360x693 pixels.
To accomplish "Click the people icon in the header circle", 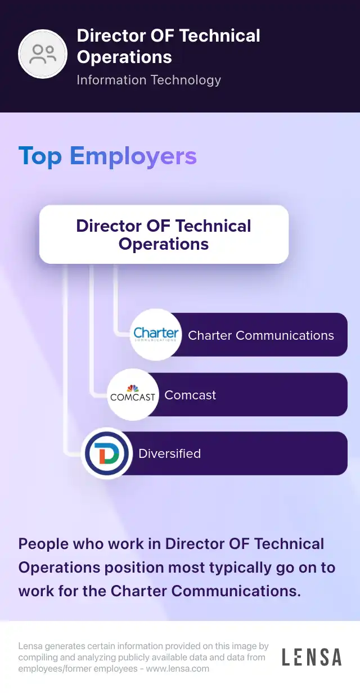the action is (x=43, y=54).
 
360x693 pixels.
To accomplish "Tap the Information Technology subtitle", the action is (x=148, y=80).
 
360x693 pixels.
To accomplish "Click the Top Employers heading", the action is (x=107, y=156).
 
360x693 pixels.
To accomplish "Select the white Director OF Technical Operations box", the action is (x=164, y=234).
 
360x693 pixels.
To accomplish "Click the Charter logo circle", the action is (x=156, y=335).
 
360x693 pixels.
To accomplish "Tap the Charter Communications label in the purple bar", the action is (x=261, y=335).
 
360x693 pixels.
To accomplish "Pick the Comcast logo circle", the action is (x=133, y=394).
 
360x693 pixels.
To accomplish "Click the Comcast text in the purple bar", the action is (x=190, y=395).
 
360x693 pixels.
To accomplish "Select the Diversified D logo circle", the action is (x=107, y=453).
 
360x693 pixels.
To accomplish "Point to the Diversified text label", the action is (x=169, y=453).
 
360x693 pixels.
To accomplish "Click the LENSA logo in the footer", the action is (x=312, y=658).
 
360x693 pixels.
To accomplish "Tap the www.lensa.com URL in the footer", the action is (x=178, y=669).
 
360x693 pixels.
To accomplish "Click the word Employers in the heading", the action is (x=133, y=156).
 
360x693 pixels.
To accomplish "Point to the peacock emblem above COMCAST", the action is (x=133, y=388).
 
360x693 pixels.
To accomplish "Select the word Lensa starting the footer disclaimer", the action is (x=30, y=646).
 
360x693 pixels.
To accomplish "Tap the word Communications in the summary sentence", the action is (x=236, y=591).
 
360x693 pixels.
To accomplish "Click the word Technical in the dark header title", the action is (x=220, y=35).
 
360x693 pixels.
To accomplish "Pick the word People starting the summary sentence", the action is (x=43, y=544).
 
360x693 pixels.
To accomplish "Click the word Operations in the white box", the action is (x=164, y=244).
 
